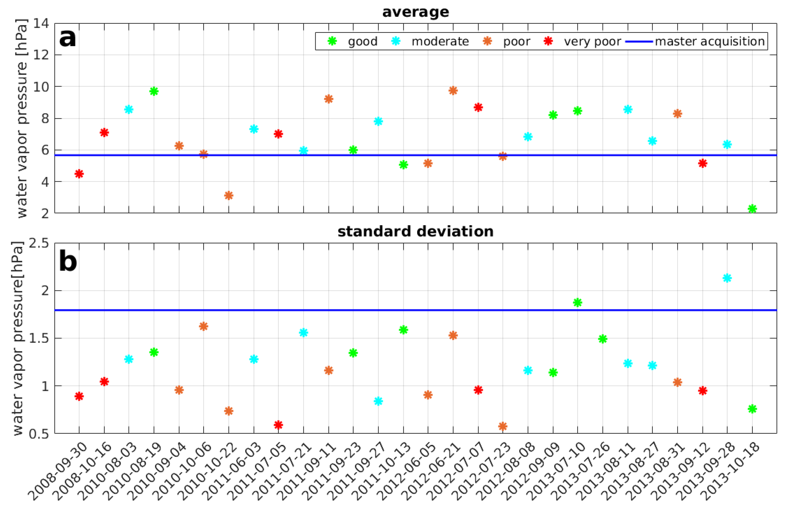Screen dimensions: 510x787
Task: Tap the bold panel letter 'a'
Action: (x=68, y=38)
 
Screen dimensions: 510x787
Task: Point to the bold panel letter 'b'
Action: (x=68, y=261)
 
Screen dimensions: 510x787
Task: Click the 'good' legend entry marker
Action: (x=332, y=41)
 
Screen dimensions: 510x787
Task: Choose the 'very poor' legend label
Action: (x=592, y=41)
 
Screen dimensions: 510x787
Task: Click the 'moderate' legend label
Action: (x=440, y=41)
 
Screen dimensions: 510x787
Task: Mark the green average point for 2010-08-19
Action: (x=154, y=91)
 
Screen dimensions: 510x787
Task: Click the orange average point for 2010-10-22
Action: (x=228, y=195)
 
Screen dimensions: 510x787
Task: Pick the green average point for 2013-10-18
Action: (x=752, y=208)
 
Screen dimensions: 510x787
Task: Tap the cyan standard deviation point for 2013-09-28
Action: (x=727, y=278)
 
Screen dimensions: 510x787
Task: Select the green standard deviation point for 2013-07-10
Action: (x=578, y=302)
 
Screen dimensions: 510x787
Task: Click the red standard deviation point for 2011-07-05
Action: (x=279, y=425)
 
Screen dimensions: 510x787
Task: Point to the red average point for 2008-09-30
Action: (x=79, y=174)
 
